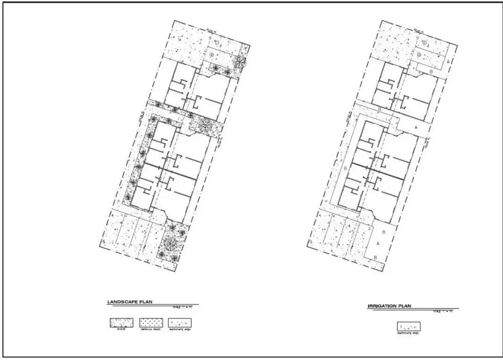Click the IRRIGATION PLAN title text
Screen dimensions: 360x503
[390, 306]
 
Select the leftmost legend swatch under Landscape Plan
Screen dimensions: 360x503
[120, 323]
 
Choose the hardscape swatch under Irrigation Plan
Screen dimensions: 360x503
[409, 326]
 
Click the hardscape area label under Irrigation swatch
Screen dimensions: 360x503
[409, 334]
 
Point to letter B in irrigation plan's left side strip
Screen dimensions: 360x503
[347, 168]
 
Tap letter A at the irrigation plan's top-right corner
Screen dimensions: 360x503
[450, 60]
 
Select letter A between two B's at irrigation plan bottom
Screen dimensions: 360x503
[378, 244]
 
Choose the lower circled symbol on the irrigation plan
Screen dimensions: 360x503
[419, 54]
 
